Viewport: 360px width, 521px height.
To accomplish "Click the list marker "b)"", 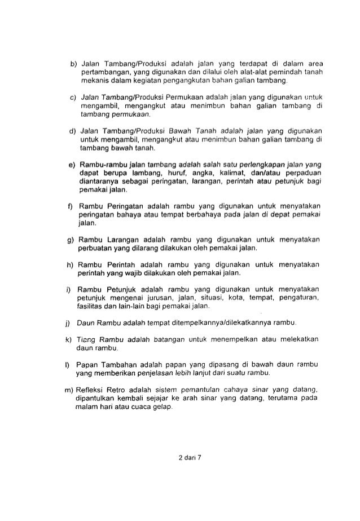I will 72,62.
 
